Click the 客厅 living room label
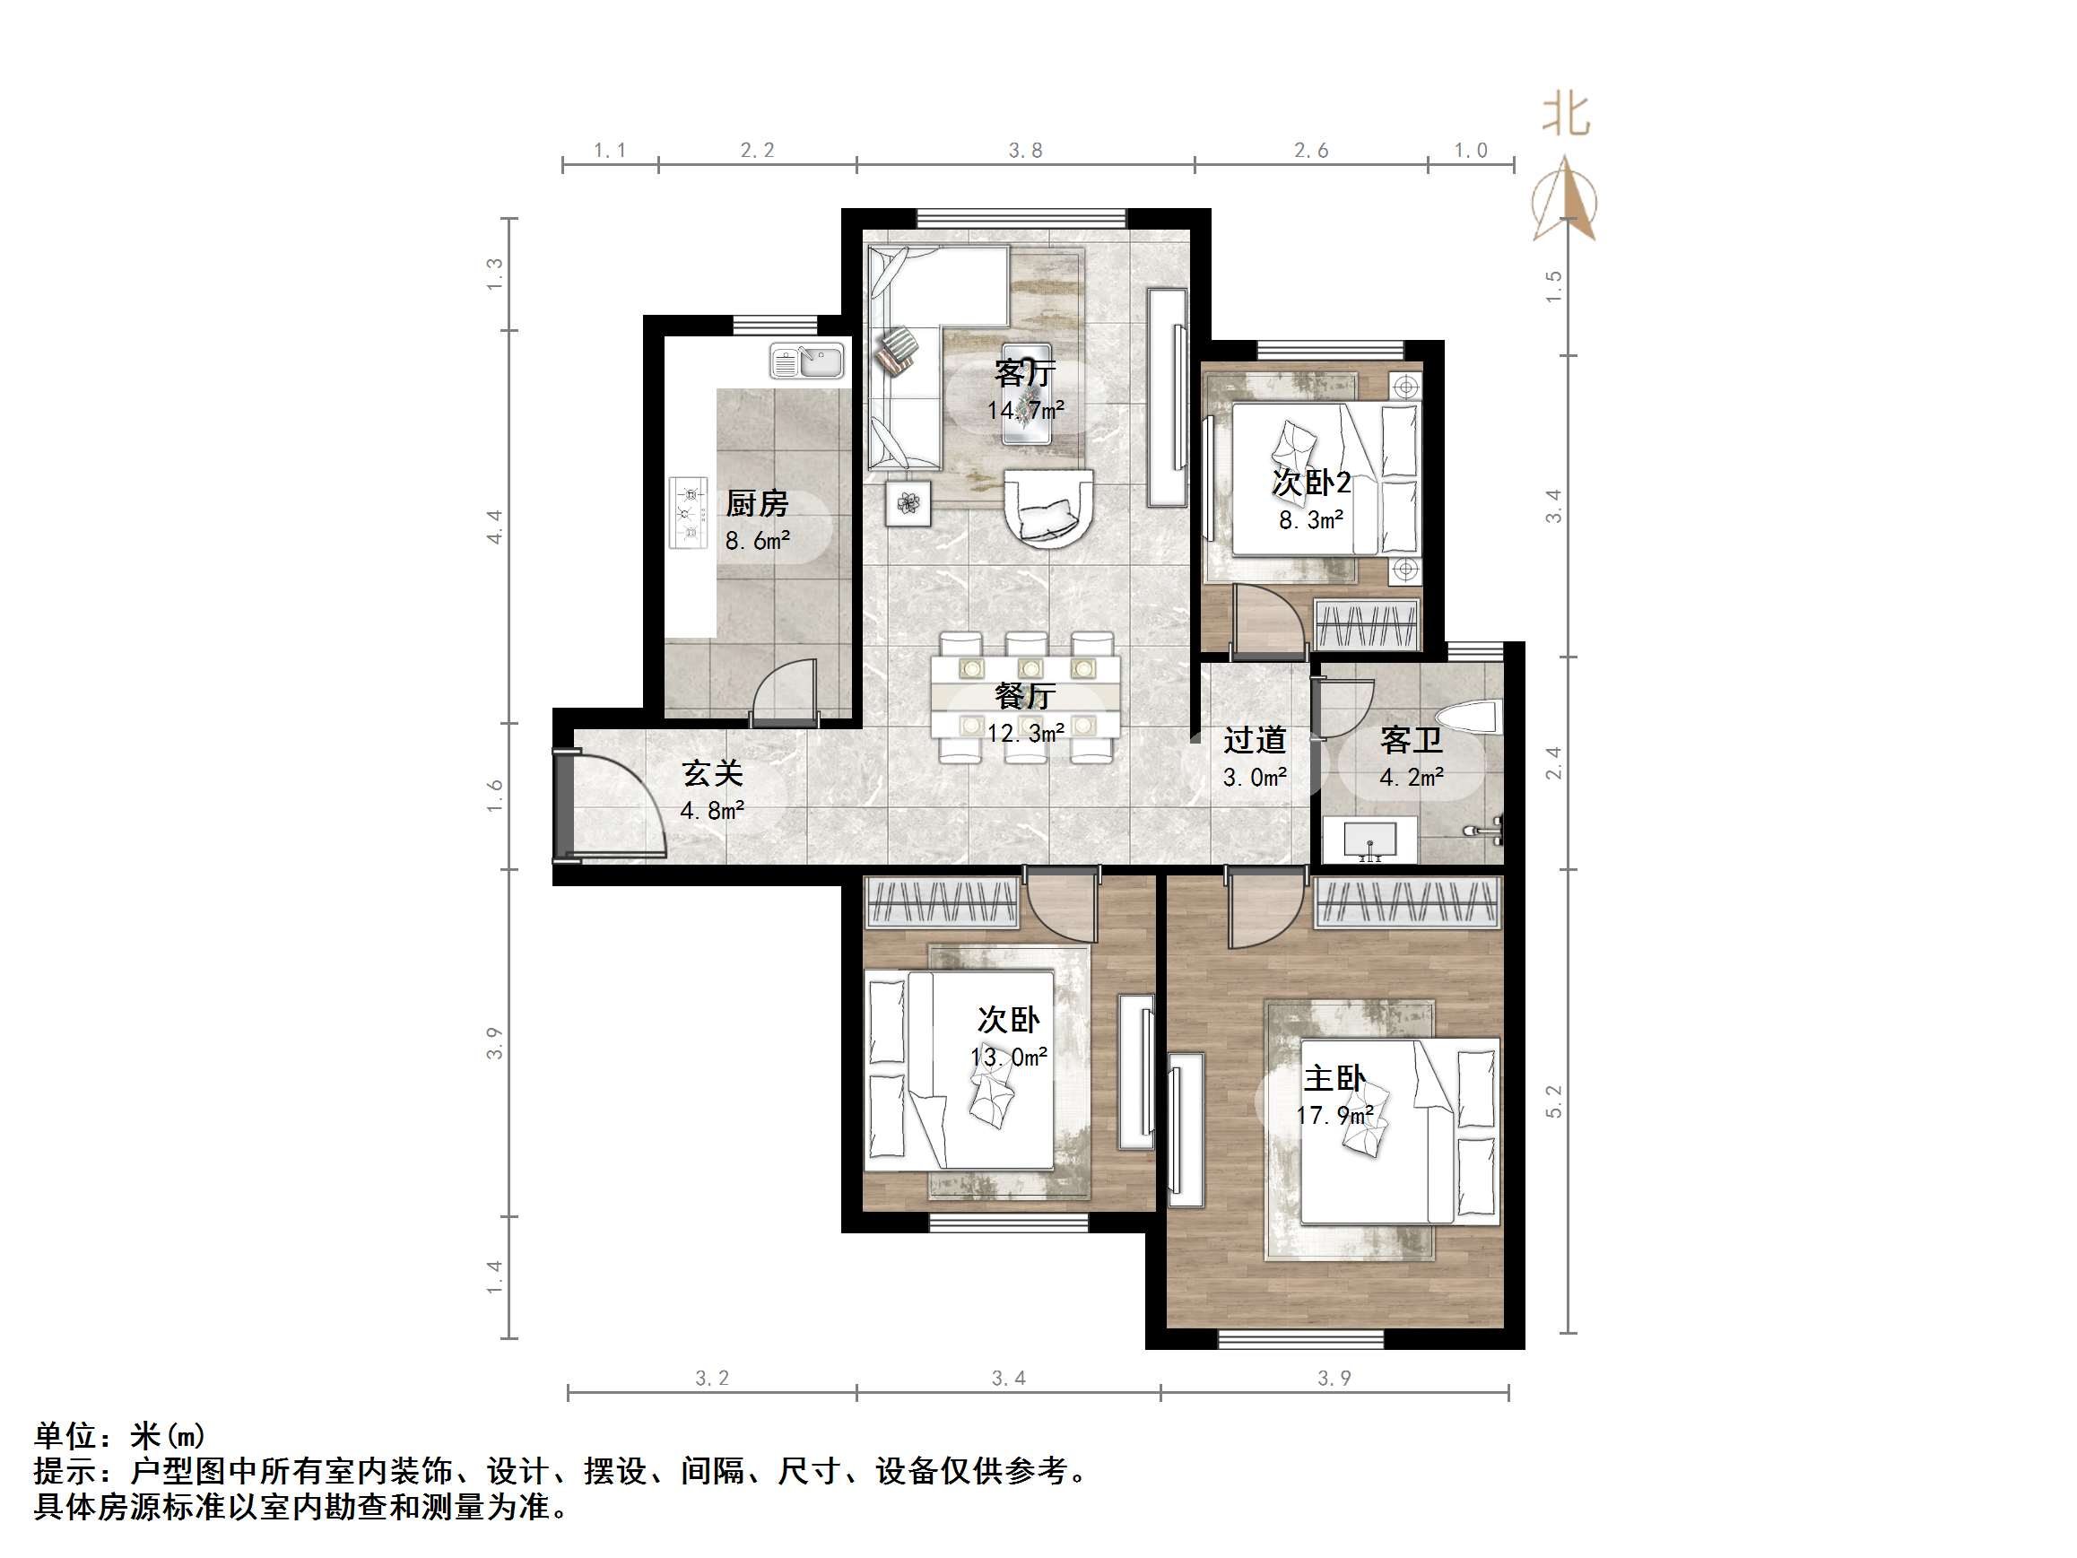coord(1024,374)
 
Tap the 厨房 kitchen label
coord(756,504)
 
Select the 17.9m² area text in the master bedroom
coord(1335,1116)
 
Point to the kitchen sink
coord(806,361)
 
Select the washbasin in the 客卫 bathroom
coord(1371,839)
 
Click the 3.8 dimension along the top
coord(1025,151)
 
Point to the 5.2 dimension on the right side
coord(1554,1101)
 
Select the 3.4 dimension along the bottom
coord(1008,1379)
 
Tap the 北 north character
coord(1565,115)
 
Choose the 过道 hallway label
coord(1255,741)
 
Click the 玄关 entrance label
coord(713,774)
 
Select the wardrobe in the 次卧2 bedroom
coord(1367,623)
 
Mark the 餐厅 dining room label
coord(1025,696)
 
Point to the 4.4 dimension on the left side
coord(495,526)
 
